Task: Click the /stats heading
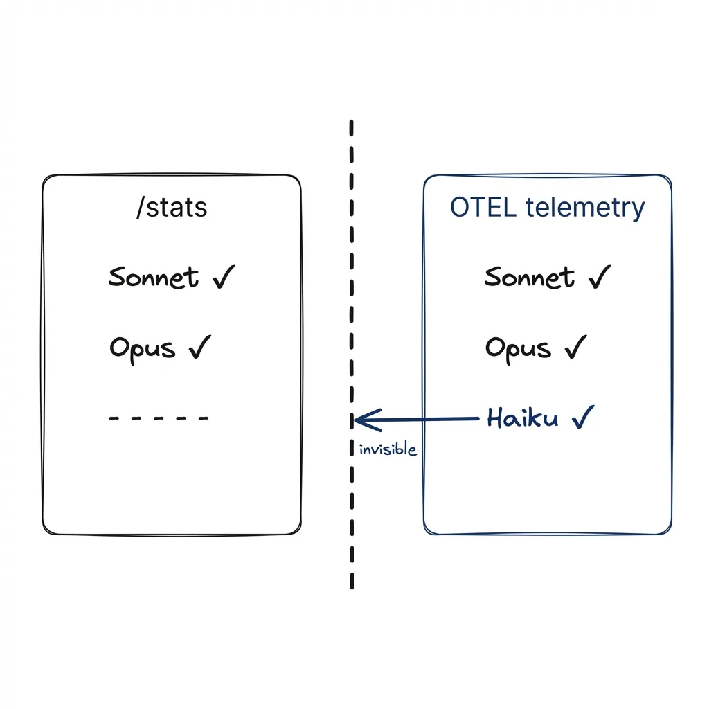click(172, 207)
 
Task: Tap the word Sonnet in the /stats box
click(154, 278)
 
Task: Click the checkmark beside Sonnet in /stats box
click(223, 277)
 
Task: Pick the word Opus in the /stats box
click(142, 348)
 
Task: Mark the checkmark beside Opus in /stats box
click(200, 348)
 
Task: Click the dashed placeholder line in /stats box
click(159, 418)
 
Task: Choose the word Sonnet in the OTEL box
click(530, 278)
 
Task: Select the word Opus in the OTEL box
click(518, 348)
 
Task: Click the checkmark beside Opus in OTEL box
click(575, 347)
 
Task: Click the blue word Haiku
click(522, 418)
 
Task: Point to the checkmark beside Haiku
click(583, 417)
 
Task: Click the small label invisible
click(388, 449)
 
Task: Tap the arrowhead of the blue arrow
click(357, 420)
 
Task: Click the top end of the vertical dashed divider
click(352, 123)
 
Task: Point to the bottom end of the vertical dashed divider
click(352, 586)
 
